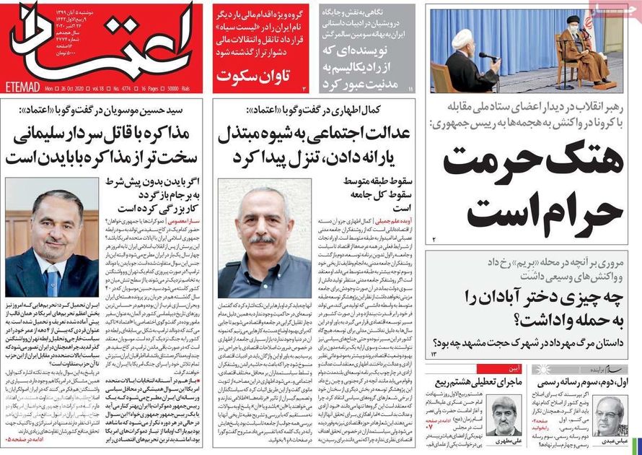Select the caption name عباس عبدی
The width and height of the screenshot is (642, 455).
tap(608, 441)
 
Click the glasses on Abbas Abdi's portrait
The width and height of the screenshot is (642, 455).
tap(608, 412)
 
